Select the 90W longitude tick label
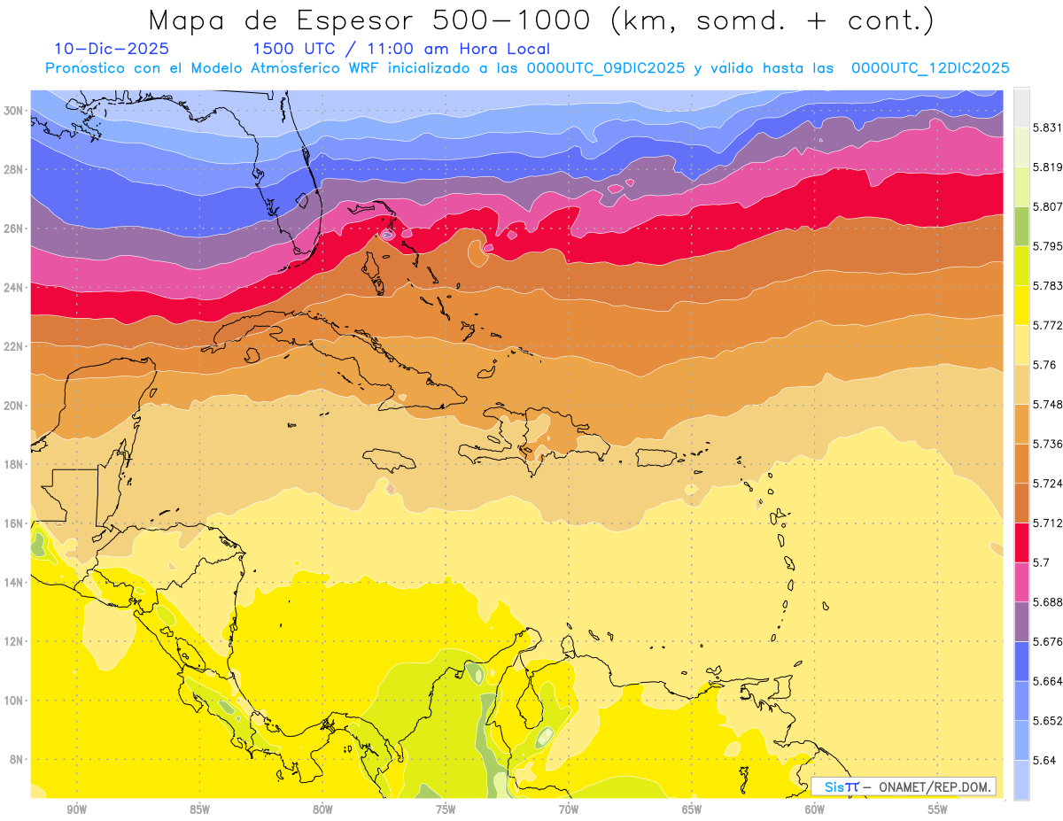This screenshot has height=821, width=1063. [76, 809]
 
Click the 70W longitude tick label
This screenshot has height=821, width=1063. [569, 809]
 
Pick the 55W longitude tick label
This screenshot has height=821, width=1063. [938, 809]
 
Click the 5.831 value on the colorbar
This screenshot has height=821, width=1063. [1046, 128]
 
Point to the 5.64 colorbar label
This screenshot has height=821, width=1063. [1044, 760]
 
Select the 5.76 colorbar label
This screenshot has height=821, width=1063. [1044, 365]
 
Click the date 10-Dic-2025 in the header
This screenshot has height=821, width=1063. [112, 50]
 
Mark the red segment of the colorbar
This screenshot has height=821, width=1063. [1021, 542]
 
